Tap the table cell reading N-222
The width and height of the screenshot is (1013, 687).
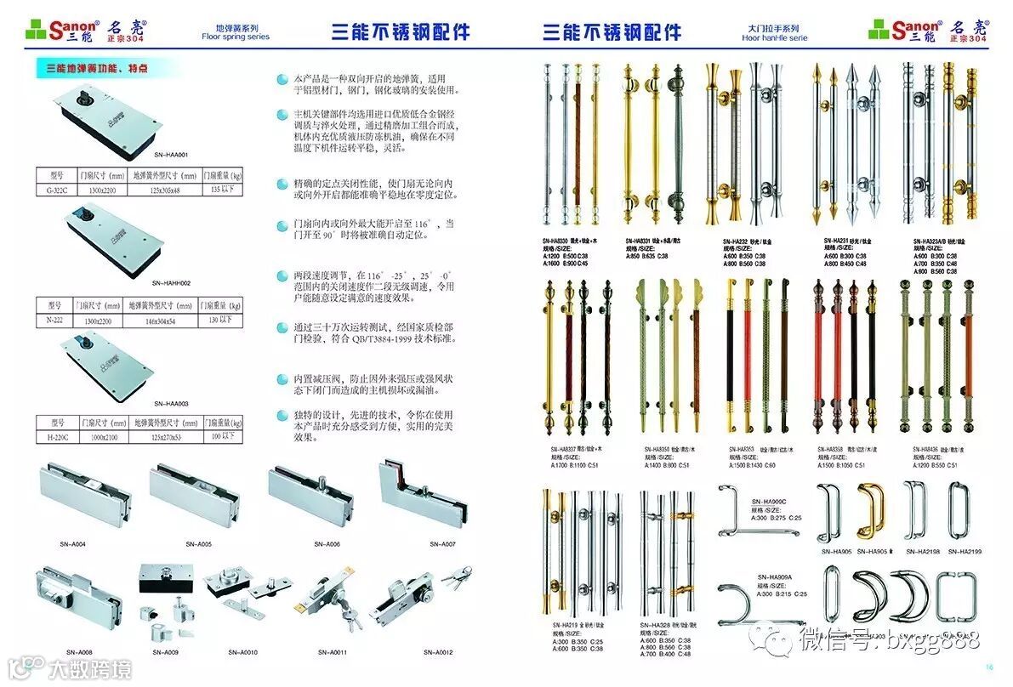55,320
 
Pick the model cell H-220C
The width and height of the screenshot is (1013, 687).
57,437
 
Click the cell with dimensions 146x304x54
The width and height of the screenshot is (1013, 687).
162,320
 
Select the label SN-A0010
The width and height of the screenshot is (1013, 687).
242,653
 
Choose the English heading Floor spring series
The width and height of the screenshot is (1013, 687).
236,37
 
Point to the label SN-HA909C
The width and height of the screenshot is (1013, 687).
769,502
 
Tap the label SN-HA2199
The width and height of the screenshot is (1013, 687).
964,552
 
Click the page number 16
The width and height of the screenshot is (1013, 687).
988,667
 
